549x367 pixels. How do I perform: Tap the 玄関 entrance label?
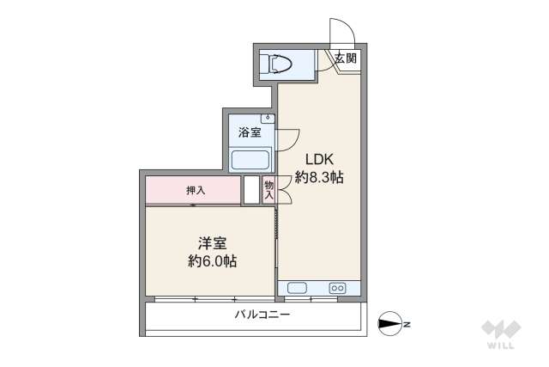point(346,59)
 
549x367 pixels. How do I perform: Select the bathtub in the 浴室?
point(250,159)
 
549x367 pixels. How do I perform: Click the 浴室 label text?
point(250,132)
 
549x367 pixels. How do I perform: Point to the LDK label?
point(319,159)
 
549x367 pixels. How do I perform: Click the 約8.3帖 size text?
point(319,178)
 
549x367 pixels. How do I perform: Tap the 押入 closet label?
point(196,190)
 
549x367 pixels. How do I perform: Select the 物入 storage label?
point(268,190)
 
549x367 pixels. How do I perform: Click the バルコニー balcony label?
point(263,315)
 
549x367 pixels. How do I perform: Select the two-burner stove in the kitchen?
point(337,288)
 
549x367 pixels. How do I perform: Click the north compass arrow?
point(389,324)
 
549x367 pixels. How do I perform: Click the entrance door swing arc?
point(341,30)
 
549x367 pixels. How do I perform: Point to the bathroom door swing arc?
point(288,138)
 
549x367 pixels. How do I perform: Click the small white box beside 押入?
point(250,190)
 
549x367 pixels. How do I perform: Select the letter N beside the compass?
point(408,324)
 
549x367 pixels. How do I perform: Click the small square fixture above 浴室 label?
point(268,117)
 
